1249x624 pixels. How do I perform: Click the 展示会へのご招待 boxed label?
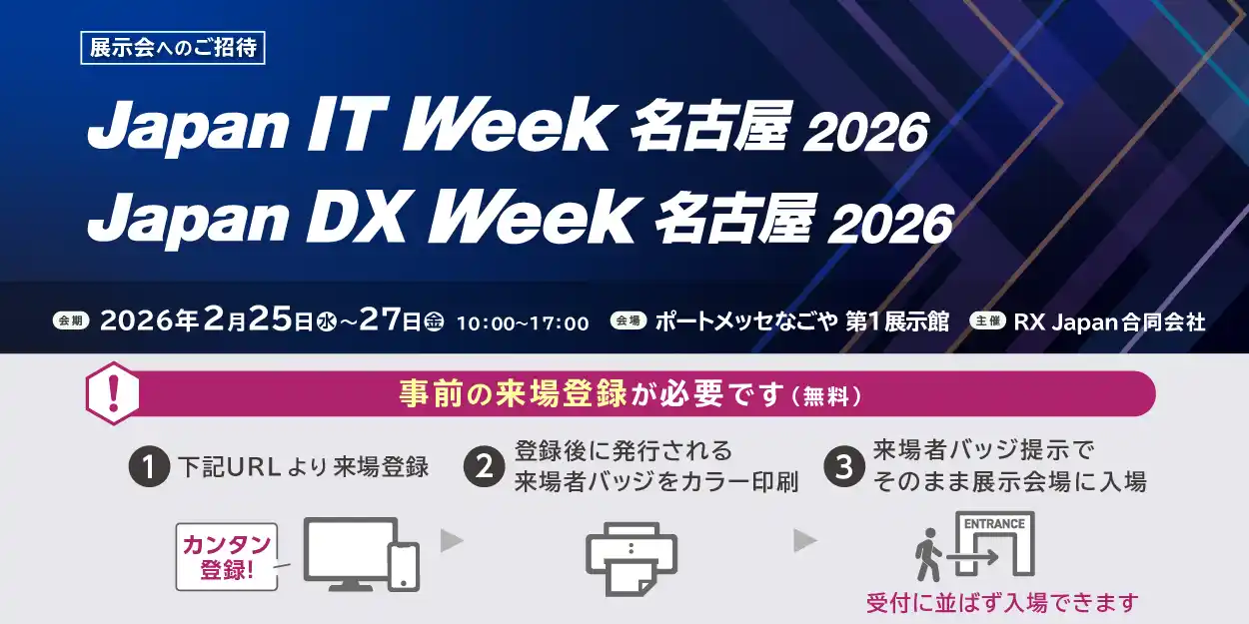tap(173, 49)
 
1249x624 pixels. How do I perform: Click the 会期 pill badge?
tap(72, 321)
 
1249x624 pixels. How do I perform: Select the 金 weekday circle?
tap(434, 321)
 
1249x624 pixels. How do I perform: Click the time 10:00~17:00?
tap(523, 322)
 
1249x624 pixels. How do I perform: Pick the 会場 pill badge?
tap(627, 321)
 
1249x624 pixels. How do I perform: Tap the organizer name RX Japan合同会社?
tap(1109, 321)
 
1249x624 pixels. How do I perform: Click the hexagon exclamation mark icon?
tap(112, 393)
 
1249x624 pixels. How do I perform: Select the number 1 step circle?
tap(149, 467)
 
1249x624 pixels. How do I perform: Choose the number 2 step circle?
tap(485, 467)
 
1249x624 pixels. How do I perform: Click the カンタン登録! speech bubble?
tap(226, 556)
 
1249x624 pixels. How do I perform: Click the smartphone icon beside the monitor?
tap(403, 565)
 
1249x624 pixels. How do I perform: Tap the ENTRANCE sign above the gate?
tap(994, 523)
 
